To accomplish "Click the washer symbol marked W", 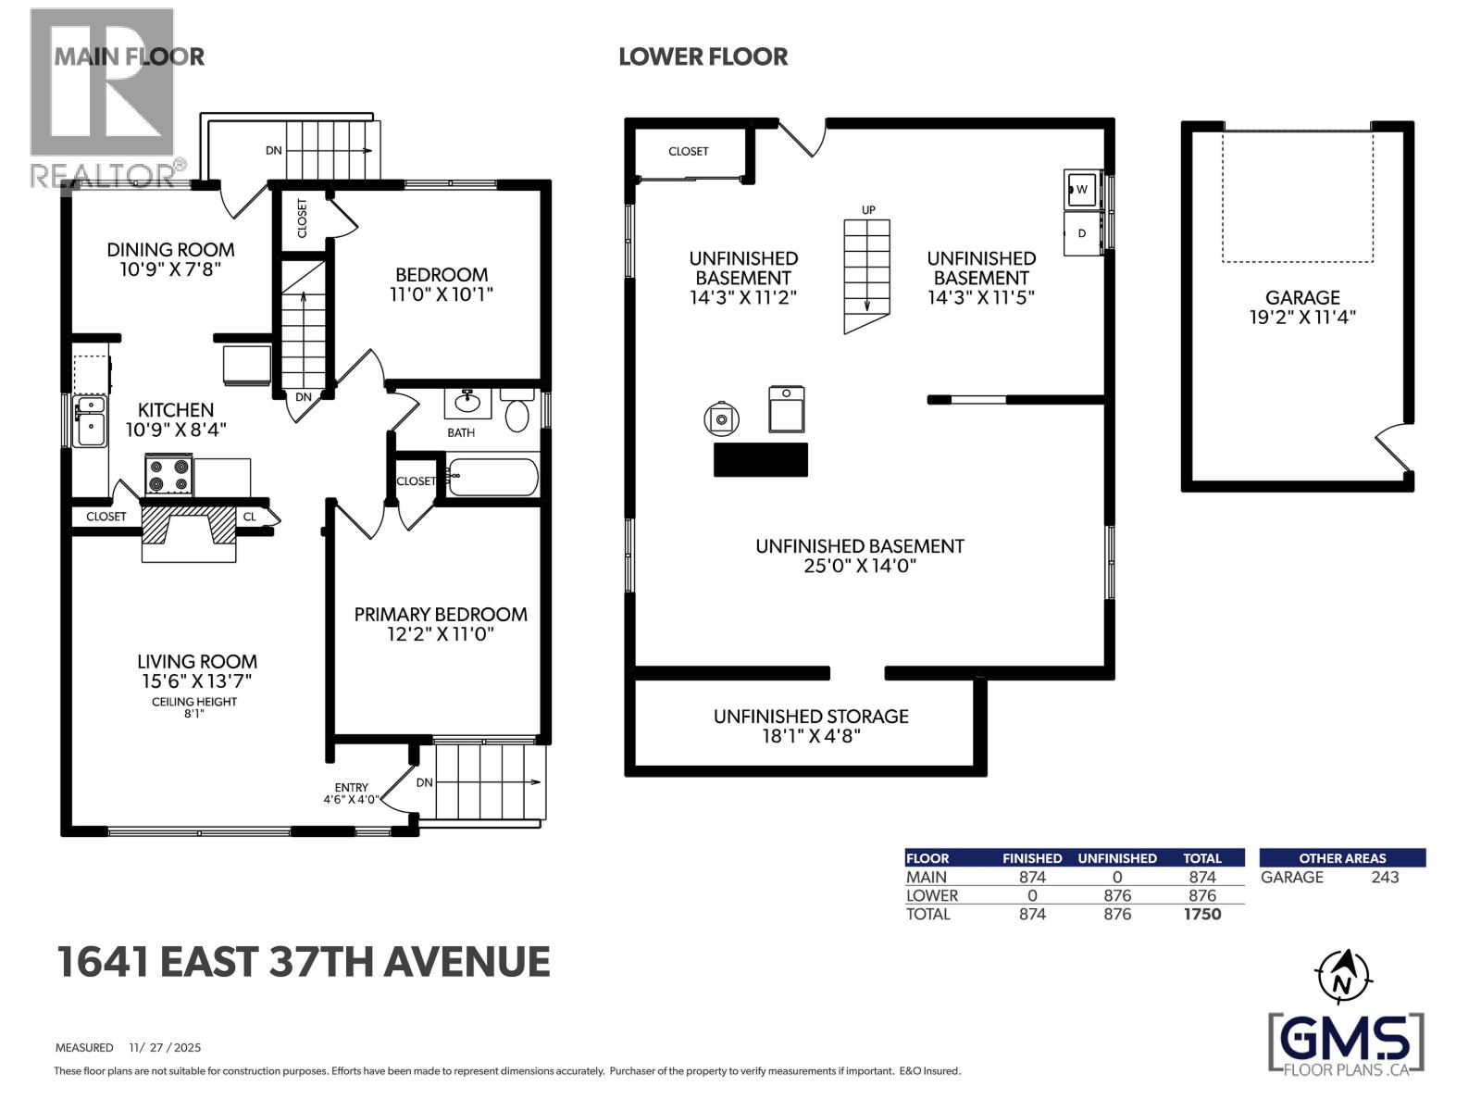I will click(1081, 190).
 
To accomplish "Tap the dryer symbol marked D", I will click(1081, 234).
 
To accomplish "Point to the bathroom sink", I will click(467, 405).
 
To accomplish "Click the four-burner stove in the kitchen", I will click(168, 475).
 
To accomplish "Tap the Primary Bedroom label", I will click(441, 615).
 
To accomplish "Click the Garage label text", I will click(1302, 297).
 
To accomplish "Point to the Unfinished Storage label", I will click(811, 717).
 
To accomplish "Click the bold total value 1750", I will click(1201, 915).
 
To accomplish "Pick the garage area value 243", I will click(1385, 878).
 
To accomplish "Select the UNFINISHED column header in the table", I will click(1116, 858).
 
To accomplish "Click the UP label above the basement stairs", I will click(868, 210).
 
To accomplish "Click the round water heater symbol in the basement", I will click(721, 419).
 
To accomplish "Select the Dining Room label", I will click(170, 250).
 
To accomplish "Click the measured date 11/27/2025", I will click(166, 1048).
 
